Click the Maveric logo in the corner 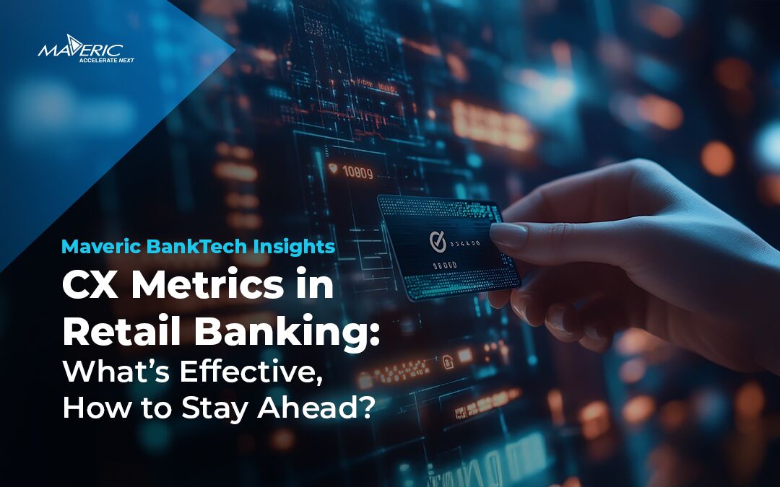[85, 49]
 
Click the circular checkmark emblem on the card [435, 238]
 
